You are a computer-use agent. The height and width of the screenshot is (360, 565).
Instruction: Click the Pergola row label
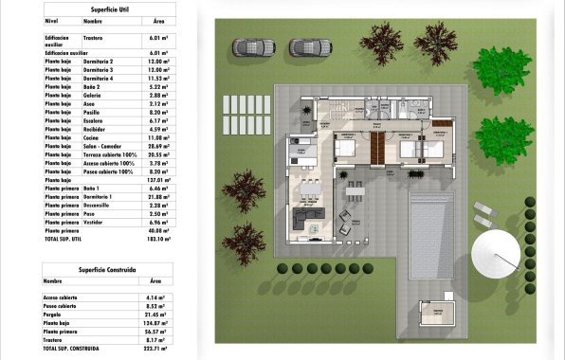(x=56, y=315)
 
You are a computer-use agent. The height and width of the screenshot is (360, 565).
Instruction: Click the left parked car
(x=254, y=47)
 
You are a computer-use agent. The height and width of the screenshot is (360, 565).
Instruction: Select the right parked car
(x=308, y=47)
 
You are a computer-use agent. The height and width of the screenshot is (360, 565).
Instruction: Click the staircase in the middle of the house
(x=378, y=147)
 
